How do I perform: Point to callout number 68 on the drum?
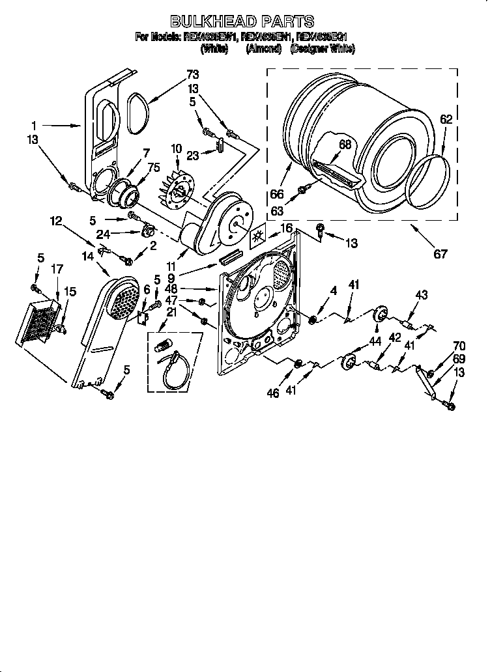(x=345, y=145)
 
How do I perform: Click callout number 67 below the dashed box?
(x=440, y=254)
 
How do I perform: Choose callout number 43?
(x=421, y=296)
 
